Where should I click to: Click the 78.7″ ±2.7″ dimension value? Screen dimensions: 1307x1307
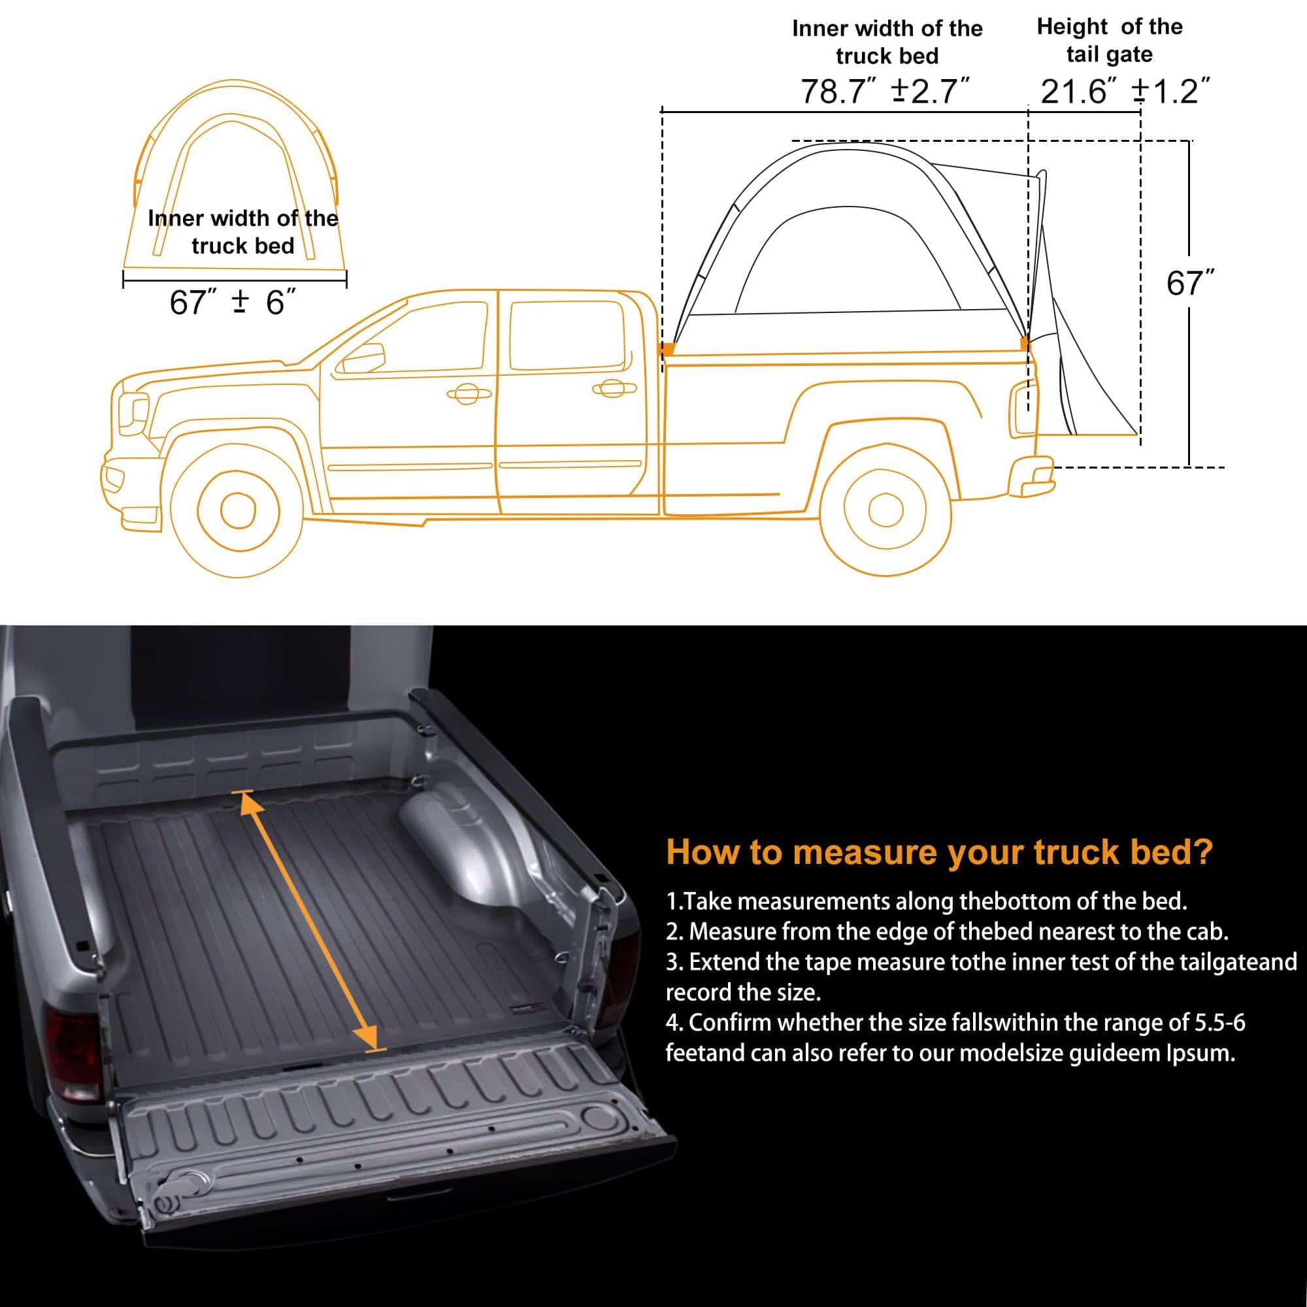click(x=885, y=91)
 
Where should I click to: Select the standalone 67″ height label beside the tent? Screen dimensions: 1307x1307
click(x=1190, y=284)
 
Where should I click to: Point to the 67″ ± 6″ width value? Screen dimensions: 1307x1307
click(x=233, y=302)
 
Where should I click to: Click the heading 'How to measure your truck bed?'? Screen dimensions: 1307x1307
click(x=939, y=852)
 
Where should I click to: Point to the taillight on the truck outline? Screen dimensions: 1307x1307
click(x=1022, y=406)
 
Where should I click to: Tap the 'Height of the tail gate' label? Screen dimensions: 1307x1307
click(x=1110, y=41)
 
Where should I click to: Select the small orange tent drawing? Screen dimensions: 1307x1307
click(x=234, y=176)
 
